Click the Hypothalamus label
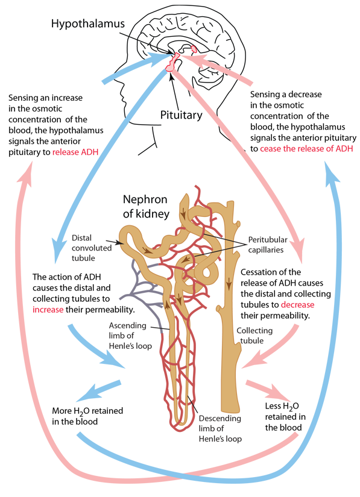pyautogui.click(x=88, y=24)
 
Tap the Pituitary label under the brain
pyautogui.click(x=181, y=114)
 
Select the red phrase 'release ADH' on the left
pyautogui.click(x=75, y=152)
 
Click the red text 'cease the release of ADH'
pyautogui.click(x=306, y=149)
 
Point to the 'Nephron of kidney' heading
pyautogui.click(x=146, y=207)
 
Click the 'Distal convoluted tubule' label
pyautogui.click(x=92, y=248)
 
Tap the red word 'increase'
pyautogui.click(x=48, y=310)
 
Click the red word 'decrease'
pyautogui.click(x=297, y=305)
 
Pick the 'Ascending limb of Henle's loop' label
pyautogui.click(x=130, y=336)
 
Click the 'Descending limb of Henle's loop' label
pyautogui.click(x=220, y=428)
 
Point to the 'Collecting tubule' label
pyautogui.click(x=254, y=336)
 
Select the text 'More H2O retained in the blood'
pyautogui.click(x=87, y=416)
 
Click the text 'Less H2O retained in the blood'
pyautogui.click(x=283, y=417)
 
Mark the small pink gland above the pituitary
pyautogui.click(x=194, y=48)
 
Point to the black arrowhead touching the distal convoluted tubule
pyautogui.click(x=120, y=243)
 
